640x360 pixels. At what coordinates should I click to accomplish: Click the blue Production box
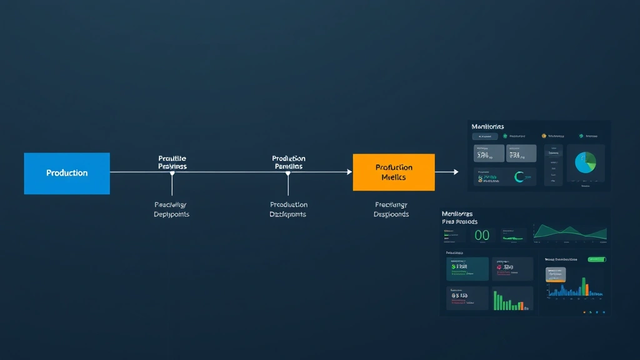coord(67,173)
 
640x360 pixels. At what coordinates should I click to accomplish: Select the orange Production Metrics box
coord(394,172)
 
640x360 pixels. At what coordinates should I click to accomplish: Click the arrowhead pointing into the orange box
coord(349,172)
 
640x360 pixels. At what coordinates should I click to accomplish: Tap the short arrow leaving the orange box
coord(447,172)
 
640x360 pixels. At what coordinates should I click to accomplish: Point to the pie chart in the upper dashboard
coord(586,162)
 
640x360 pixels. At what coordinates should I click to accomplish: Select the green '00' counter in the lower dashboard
coord(482,236)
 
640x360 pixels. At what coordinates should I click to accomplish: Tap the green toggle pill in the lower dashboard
coord(597,259)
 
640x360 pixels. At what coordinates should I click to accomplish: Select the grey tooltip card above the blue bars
coord(556,275)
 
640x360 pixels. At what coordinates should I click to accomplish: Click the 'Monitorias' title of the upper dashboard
coord(487,127)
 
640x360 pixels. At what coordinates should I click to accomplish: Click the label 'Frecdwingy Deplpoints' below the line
coord(171,209)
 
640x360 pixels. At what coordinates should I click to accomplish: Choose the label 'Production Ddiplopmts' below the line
coord(288,209)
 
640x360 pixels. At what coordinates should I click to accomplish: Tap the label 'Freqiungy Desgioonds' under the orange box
coord(391,209)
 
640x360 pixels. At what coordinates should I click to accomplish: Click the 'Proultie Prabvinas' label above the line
coord(172,162)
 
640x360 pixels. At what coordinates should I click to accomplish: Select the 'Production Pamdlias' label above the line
coord(288,162)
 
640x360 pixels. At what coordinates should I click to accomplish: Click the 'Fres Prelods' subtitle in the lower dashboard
coord(459,222)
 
